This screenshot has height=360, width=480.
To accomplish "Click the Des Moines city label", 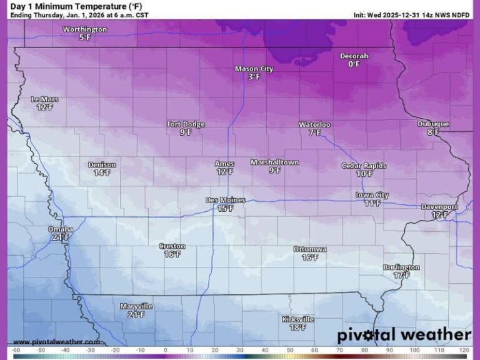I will click(x=225, y=200).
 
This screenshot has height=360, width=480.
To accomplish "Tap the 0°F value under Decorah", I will click(x=354, y=64).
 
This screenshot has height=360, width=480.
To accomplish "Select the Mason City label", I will click(x=254, y=69).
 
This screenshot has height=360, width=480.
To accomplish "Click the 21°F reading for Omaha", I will click(x=61, y=237).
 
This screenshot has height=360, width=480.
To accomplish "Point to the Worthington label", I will click(x=85, y=29).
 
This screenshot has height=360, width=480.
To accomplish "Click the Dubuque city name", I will click(x=433, y=124).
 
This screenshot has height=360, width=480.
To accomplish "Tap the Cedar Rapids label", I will click(x=364, y=166).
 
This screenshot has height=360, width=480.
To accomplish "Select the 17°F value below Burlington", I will click(x=401, y=275).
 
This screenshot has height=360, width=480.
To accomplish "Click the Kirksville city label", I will click(x=297, y=319).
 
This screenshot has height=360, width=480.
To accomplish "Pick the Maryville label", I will click(x=136, y=306).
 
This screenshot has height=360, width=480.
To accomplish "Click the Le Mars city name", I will click(x=45, y=99).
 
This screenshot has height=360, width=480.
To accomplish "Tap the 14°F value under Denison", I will click(x=102, y=172).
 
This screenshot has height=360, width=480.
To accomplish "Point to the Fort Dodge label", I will click(x=186, y=124).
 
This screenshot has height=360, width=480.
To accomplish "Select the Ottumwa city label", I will click(x=310, y=249).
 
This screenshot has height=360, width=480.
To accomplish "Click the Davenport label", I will click(x=439, y=207).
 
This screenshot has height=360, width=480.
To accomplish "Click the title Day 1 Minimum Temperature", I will click(x=76, y=6).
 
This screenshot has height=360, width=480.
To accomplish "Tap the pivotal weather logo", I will click(x=404, y=335).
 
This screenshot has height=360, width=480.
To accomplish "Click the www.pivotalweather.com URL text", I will click(x=56, y=342).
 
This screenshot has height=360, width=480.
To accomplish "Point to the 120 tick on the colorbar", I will click(x=463, y=351).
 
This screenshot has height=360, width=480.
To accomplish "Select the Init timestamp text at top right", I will click(x=411, y=14).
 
